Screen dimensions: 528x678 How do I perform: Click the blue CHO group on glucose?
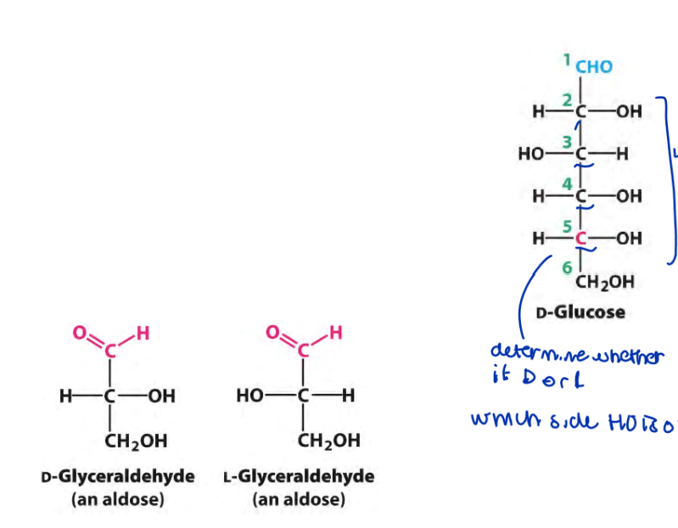point(594,67)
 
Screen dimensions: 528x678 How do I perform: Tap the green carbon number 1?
point(566,59)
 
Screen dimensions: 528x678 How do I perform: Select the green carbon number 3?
point(566,141)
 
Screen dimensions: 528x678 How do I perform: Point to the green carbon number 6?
point(566,268)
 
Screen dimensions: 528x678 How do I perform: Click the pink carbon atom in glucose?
point(581,239)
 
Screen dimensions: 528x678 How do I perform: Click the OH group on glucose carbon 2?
point(629,111)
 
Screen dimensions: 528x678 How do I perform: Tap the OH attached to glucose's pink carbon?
point(629,239)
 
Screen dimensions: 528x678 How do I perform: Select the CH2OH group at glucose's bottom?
point(603,282)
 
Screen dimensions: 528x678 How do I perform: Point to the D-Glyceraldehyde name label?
point(118,476)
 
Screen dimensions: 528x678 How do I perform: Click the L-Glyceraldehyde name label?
point(299,476)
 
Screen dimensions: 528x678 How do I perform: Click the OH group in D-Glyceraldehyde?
point(161,396)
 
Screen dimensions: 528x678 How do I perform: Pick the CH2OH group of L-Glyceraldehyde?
point(328,441)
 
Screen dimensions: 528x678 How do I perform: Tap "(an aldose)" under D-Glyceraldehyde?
point(118,499)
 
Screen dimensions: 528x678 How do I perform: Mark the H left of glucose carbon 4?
point(538,197)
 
